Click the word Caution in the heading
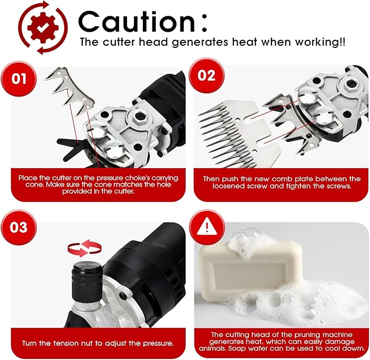[137, 22]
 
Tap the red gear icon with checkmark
[43, 28]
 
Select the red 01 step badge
[19, 79]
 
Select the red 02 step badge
[207, 76]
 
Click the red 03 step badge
[19, 227]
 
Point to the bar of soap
[250, 272]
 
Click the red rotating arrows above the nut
[84, 248]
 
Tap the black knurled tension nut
[87, 283]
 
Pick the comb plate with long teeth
[238, 134]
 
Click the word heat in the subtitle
[245, 42]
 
